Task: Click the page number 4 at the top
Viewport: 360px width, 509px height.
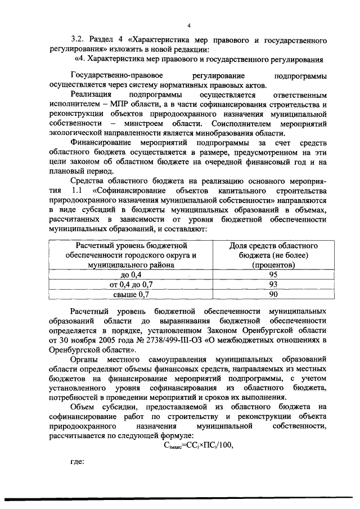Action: [189, 26]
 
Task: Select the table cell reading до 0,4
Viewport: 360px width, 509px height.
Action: [133, 274]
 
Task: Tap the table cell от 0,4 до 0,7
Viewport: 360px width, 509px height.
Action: [133, 284]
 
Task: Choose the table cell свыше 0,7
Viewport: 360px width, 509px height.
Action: [133, 294]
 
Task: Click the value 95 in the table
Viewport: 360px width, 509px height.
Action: [273, 274]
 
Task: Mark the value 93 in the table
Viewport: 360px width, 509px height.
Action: [273, 284]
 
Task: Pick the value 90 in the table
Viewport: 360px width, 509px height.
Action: [273, 294]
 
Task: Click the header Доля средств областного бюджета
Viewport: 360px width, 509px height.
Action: [273, 250]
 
